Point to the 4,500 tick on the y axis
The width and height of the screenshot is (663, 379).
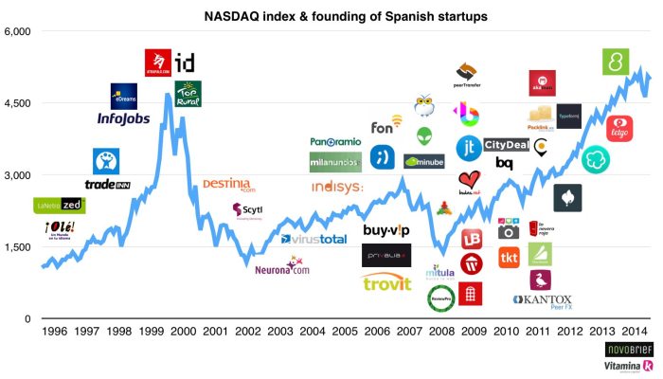18,103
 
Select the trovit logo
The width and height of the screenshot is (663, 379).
386,282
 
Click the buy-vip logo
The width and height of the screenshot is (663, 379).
385,230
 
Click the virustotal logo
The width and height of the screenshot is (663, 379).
314,240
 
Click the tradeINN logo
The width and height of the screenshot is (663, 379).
107,185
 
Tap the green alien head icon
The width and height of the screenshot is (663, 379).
423,135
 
